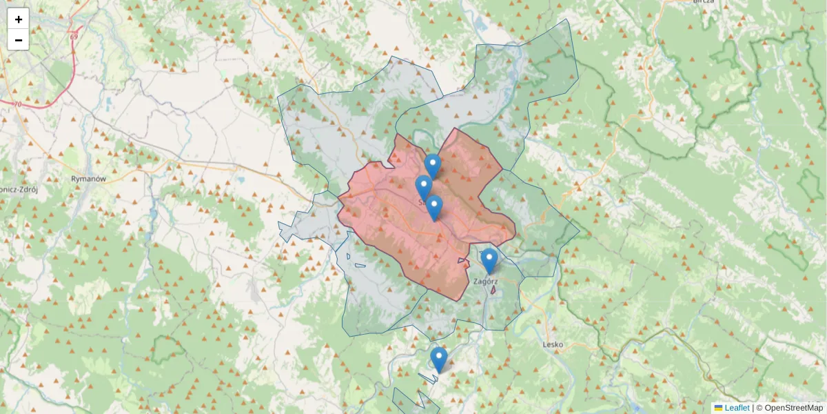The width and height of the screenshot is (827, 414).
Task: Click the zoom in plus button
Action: click(18, 19)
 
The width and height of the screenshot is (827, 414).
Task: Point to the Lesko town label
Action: click(553, 344)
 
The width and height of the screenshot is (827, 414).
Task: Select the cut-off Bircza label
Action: click(704, 2)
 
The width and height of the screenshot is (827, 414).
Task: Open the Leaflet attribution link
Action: click(737, 408)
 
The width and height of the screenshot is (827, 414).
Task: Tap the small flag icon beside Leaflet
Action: click(718, 408)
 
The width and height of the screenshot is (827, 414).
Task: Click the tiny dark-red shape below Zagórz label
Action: click(492, 290)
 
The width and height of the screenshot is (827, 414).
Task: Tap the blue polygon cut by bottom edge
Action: click(407, 402)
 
